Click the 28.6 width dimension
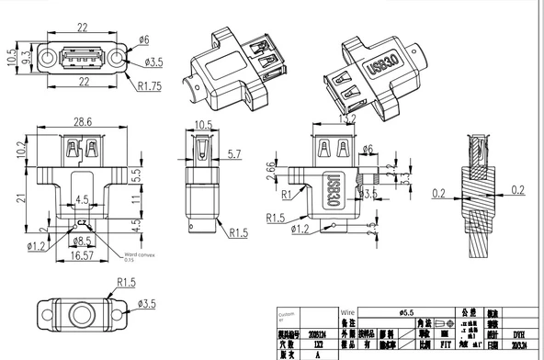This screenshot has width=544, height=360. pos(83,121)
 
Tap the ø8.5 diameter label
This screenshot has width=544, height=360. pos(82,242)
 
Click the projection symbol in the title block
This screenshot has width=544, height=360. pos(444,323)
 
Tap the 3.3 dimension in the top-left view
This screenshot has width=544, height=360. pos(28,57)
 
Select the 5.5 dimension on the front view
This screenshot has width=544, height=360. pos(136,173)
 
